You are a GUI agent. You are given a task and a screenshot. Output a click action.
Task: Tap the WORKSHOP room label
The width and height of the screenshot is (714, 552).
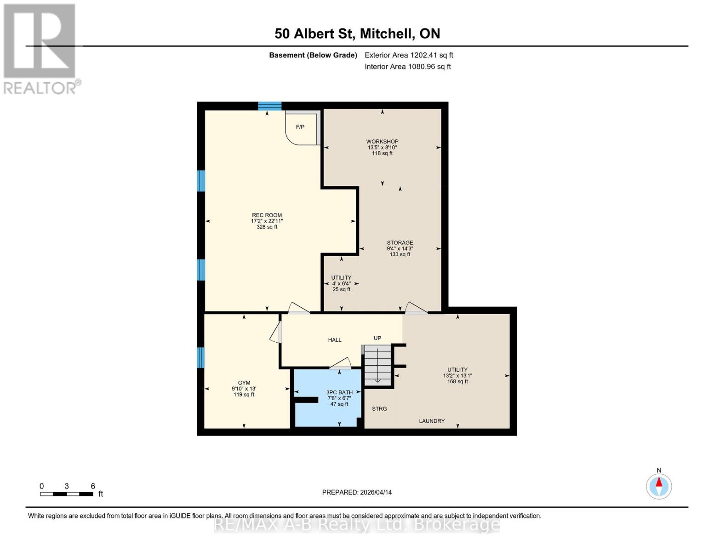(382, 142)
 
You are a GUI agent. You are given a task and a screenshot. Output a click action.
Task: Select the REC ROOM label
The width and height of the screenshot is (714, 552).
(267, 215)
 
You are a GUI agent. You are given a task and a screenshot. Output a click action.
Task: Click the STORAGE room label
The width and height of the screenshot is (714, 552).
(400, 243)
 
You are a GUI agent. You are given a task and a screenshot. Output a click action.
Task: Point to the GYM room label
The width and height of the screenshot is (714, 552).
(244, 383)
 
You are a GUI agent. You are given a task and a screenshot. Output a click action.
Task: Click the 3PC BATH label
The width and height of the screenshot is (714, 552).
(339, 392)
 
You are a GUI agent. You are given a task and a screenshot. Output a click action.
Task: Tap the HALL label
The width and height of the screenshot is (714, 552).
(335, 340)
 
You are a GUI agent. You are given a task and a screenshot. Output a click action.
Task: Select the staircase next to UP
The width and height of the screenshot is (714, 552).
(377, 366)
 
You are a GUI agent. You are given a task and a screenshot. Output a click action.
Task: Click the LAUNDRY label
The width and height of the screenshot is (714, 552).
(432, 421)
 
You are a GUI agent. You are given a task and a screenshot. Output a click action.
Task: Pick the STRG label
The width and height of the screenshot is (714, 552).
(379, 408)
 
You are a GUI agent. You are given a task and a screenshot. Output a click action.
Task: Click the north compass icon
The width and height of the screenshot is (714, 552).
(659, 486)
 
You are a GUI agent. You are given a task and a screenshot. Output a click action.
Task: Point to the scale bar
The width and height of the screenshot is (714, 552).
(67, 494)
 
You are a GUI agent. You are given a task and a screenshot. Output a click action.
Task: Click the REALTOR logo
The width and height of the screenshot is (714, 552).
(40, 48)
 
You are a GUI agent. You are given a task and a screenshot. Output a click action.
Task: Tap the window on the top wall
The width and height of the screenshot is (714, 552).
(269, 106)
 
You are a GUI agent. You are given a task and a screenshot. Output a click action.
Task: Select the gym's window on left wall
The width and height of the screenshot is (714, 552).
(201, 357)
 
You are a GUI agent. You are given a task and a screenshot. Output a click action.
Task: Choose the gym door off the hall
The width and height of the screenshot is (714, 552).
(276, 332)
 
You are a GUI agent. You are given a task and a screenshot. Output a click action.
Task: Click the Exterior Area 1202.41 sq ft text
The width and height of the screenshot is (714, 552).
(409, 55)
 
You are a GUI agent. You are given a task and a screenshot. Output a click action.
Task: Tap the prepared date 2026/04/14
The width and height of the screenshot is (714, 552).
(357, 492)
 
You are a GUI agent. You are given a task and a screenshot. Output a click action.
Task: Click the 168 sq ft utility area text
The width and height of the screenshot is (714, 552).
(457, 381)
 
